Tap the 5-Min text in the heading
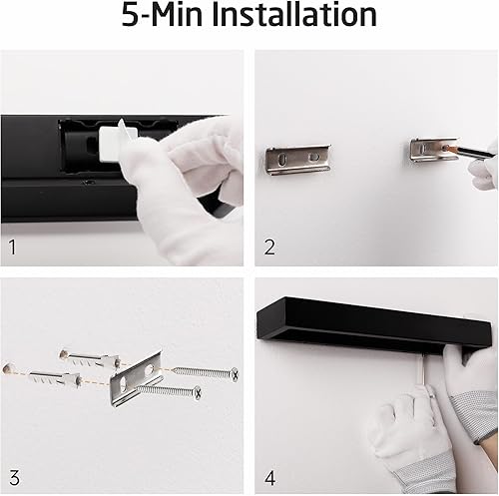pos(162,15)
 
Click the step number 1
pos(13,248)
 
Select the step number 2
pos(269,248)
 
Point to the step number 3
pos(14,478)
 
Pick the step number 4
pos(270,478)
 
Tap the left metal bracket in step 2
pos(298,160)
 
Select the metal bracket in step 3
pos(137,378)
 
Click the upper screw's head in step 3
pos(235,374)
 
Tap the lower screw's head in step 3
pos(198,393)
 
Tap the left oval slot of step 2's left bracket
pos(282,160)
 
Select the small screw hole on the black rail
pos(87,182)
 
